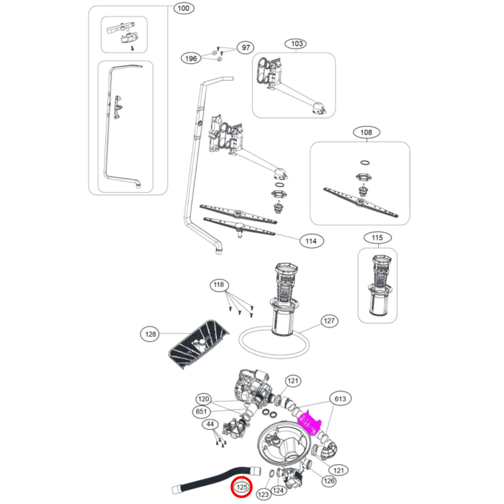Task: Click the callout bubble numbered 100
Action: pyautogui.click(x=183, y=8)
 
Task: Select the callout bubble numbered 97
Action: pyautogui.click(x=246, y=48)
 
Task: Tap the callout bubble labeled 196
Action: pyautogui.click(x=191, y=58)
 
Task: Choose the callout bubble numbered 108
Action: pyautogui.click(x=366, y=132)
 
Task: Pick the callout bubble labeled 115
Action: pyautogui.click(x=377, y=238)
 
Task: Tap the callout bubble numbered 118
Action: pyautogui.click(x=219, y=285)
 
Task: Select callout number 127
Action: pyautogui.click(x=329, y=321)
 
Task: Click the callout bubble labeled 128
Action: pyautogui.click(x=150, y=334)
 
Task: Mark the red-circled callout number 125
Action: pyautogui.click(x=242, y=487)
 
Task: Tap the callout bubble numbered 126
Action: pyautogui.click(x=329, y=481)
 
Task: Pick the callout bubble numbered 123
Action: pyautogui.click(x=263, y=494)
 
